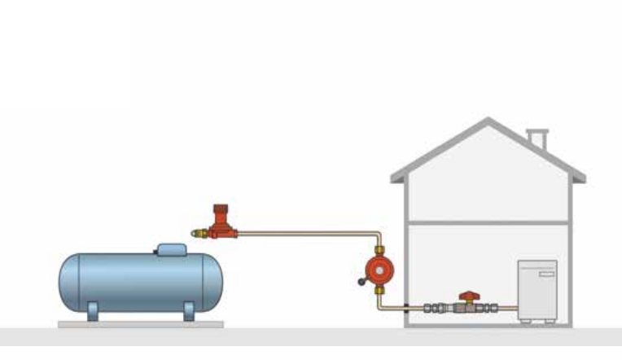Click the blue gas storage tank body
tap(138, 280)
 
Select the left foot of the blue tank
tap(93, 312)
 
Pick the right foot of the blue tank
tap(189, 312)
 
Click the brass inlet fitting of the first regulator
tap(198, 233)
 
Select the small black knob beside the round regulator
tap(361, 283)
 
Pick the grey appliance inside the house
tap(537, 292)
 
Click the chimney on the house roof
tap(537, 139)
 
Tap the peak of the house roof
tap(488, 122)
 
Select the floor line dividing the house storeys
tap(488, 222)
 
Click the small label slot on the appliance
tap(546, 274)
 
